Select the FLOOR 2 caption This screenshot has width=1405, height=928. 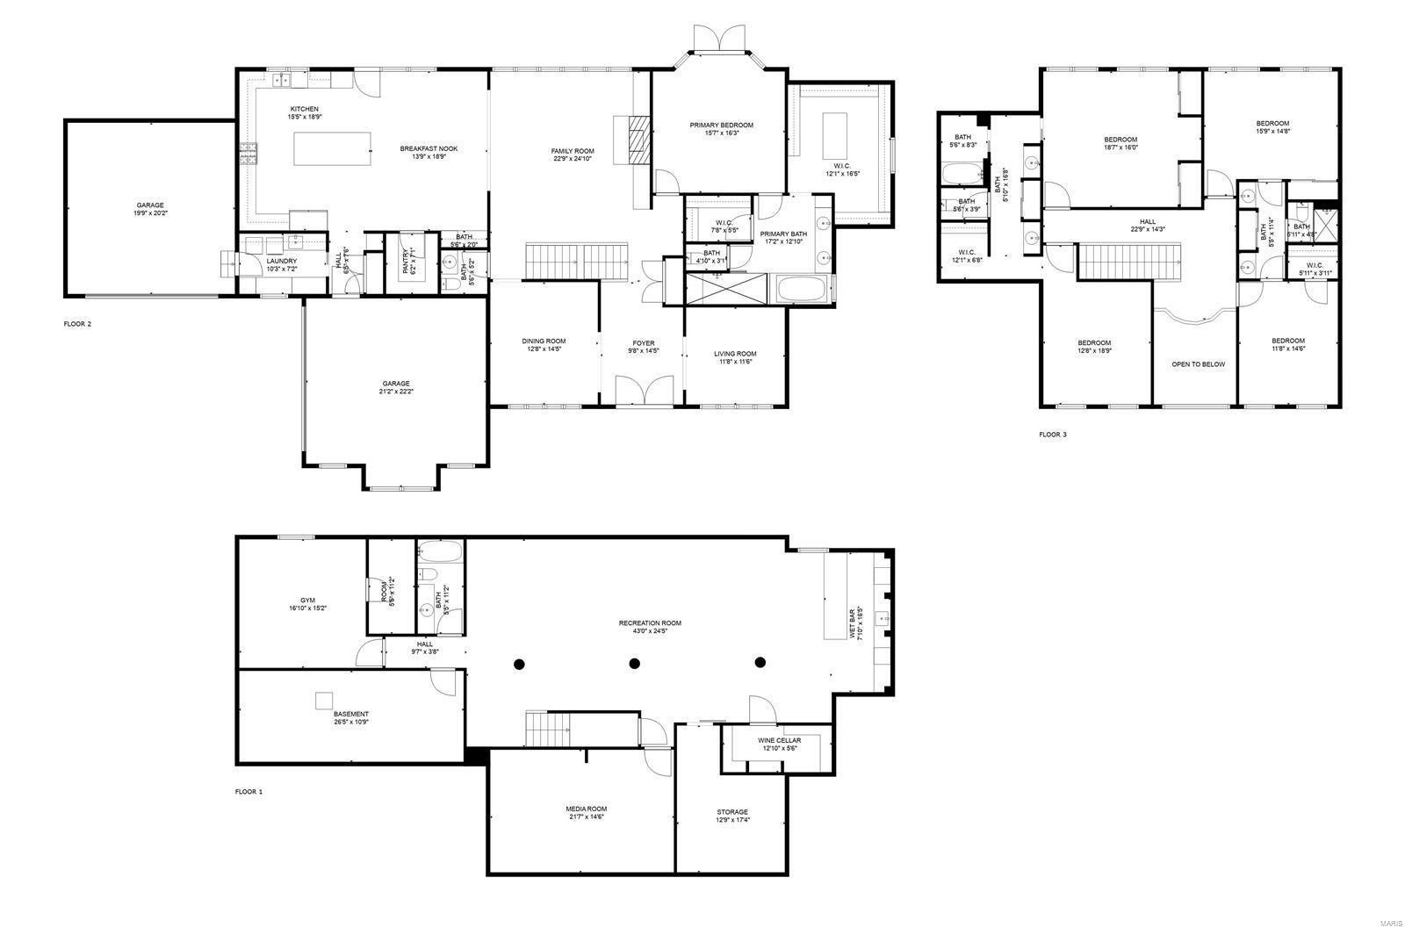coord(77,324)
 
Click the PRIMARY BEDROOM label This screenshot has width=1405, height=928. coord(721,125)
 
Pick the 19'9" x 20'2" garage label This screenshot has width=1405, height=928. coord(149,205)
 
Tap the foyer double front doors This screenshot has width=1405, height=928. coord(644,391)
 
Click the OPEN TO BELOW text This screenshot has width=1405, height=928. coord(1198,363)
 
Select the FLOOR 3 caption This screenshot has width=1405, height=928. coord(1053,435)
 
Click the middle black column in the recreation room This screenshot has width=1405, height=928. coord(635,663)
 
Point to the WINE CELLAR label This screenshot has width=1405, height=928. coord(779,740)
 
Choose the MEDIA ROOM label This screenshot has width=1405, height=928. coord(586,809)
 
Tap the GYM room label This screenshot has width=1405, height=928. coord(306,601)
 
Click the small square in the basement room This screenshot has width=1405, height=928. coord(324,700)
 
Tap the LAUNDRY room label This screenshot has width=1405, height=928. coord(282,261)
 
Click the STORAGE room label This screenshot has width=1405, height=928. coord(732,811)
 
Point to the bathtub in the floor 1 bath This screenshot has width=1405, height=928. coord(439,552)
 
